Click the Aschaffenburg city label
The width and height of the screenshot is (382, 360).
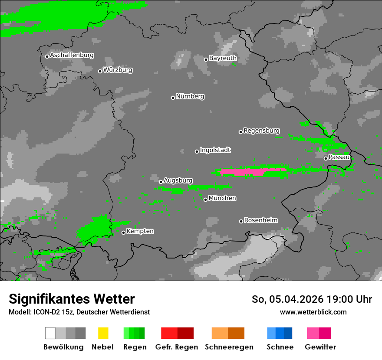(x=72, y=56)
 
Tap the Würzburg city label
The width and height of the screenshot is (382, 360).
(x=118, y=70)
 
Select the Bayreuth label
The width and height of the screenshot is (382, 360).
(x=223, y=58)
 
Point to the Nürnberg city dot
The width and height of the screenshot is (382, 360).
(x=173, y=98)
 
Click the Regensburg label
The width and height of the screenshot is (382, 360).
(x=261, y=131)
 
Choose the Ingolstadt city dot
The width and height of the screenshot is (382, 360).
(x=197, y=151)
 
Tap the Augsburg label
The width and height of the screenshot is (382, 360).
(x=178, y=180)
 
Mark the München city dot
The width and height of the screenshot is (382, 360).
(x=205, y=200)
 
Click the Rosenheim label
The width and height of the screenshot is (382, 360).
(x=260, y=220)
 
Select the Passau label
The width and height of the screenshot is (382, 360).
(x=339, y=157)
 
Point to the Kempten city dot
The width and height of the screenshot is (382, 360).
(x=123, y=232)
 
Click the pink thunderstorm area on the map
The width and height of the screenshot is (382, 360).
(x=243, y=172)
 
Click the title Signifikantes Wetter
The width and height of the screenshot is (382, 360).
(x=72, y=299)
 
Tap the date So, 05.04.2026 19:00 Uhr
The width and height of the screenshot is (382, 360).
(x=312, y=299)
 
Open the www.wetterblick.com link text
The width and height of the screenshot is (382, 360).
(x=313, y=312)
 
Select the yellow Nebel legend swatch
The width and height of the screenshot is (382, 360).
(x=103, y=333)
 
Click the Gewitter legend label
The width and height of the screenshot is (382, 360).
(x=320, y=347)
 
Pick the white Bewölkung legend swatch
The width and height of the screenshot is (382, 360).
(x=50, y=333)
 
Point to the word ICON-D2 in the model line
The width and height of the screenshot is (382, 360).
(x=45, y=312)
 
